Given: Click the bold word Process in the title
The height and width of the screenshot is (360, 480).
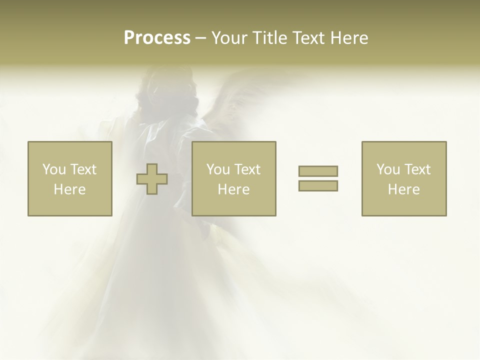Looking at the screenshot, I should pyautogui.click(x=157, y=38).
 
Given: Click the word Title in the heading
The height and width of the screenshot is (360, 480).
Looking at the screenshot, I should pyautogui.click(x=268, y=38).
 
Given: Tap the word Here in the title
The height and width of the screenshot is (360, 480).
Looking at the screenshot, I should pyautogui.click(x=348, y=38).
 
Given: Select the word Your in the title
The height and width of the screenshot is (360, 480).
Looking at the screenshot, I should pyautogui.click(x=229, y=38).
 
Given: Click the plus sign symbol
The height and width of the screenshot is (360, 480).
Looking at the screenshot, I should pyautogui.click(x=152, y=179).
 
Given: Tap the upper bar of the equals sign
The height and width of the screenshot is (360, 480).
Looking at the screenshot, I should pyautogui.click(x=318, y=171).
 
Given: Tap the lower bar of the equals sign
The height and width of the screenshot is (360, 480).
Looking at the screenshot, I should pyautogui.click(x=318, y=186).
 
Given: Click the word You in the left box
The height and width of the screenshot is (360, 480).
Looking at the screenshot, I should pyautogui.click(x=53, y=169).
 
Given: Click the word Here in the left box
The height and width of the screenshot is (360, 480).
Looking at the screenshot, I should pyautogui.click(x=69, y=189).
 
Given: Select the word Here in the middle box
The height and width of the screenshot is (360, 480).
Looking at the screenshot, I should pyautogui.click(x=233, y=189).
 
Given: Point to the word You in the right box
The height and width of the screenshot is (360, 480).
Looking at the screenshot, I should pyautogui.click(x=387, y=169).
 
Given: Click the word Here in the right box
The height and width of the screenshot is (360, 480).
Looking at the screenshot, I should pyautogui.click(x=403, y=189).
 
